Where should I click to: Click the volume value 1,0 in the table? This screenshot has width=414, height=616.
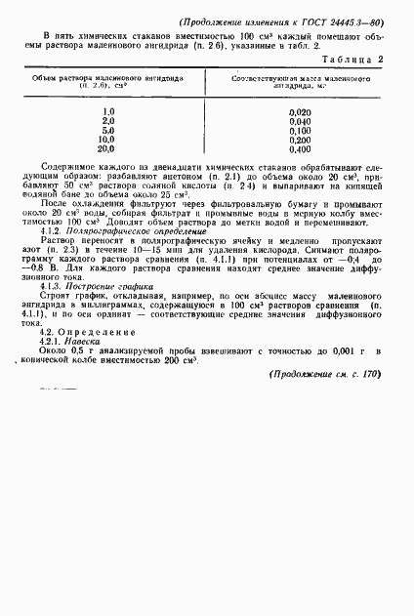pyautogui.click(x=108, y=113)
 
